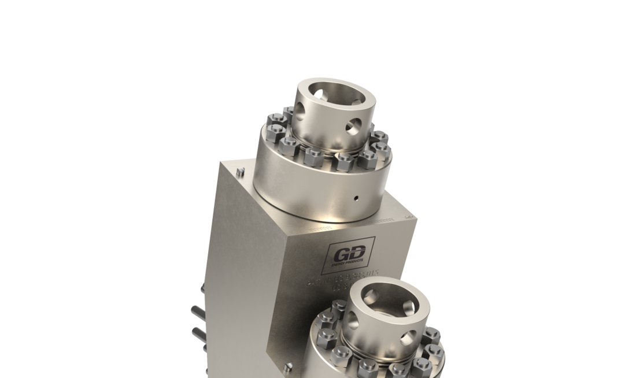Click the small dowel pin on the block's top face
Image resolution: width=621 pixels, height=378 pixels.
click(x=241, y=171)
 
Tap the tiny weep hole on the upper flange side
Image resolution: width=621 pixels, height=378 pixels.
click(x=356, y=198)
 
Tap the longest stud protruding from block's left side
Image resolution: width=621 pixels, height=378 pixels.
click(x=198, y=312)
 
